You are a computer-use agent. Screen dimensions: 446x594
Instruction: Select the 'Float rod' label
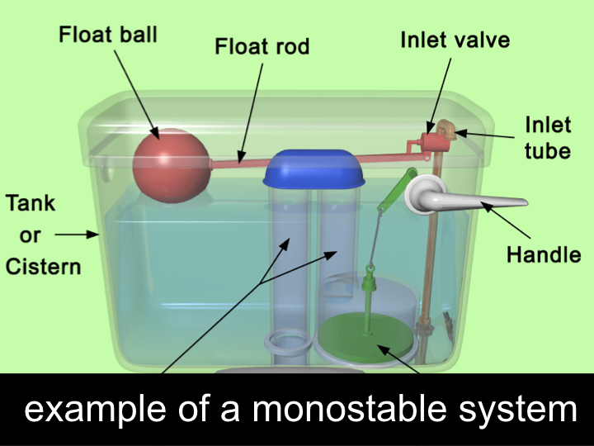(x=262, y=45)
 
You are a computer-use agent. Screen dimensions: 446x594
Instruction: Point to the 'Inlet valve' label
(x=455, y=39)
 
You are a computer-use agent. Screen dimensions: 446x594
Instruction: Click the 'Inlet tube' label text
(x=548, y=138)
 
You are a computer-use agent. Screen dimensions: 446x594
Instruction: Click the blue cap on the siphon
(x=314, y=168)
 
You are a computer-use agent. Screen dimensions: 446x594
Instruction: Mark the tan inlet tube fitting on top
(x=446, y=128)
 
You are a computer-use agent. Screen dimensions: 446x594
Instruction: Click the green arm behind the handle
(x=397, y=189)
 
